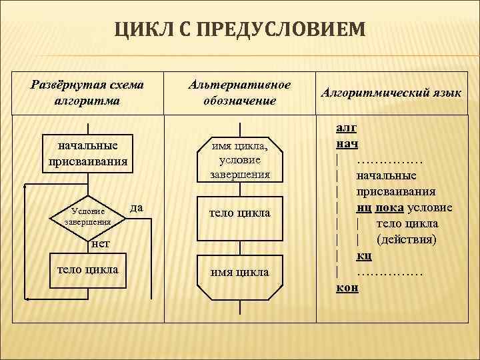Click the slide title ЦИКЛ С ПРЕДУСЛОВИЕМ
click(x=240, y=29)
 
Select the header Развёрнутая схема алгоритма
click(x=88, y=93)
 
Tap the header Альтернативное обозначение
click(x=240, y=93)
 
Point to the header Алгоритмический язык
click(x=391, y=94)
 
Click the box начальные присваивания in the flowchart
click(x=88, y=153)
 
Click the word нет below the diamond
click(x=100, y=244)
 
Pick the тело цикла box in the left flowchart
click(x=88, y=269)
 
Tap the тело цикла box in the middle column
click(x=240, y=213)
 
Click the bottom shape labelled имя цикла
click(x=240, y=272)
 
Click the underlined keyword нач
click(x=347, y=143)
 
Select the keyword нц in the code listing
click(x=364, y=207)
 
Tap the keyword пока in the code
click(x=389, y=207)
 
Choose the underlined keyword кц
click(x=364, y=255)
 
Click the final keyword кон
click(x=347, y=287)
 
